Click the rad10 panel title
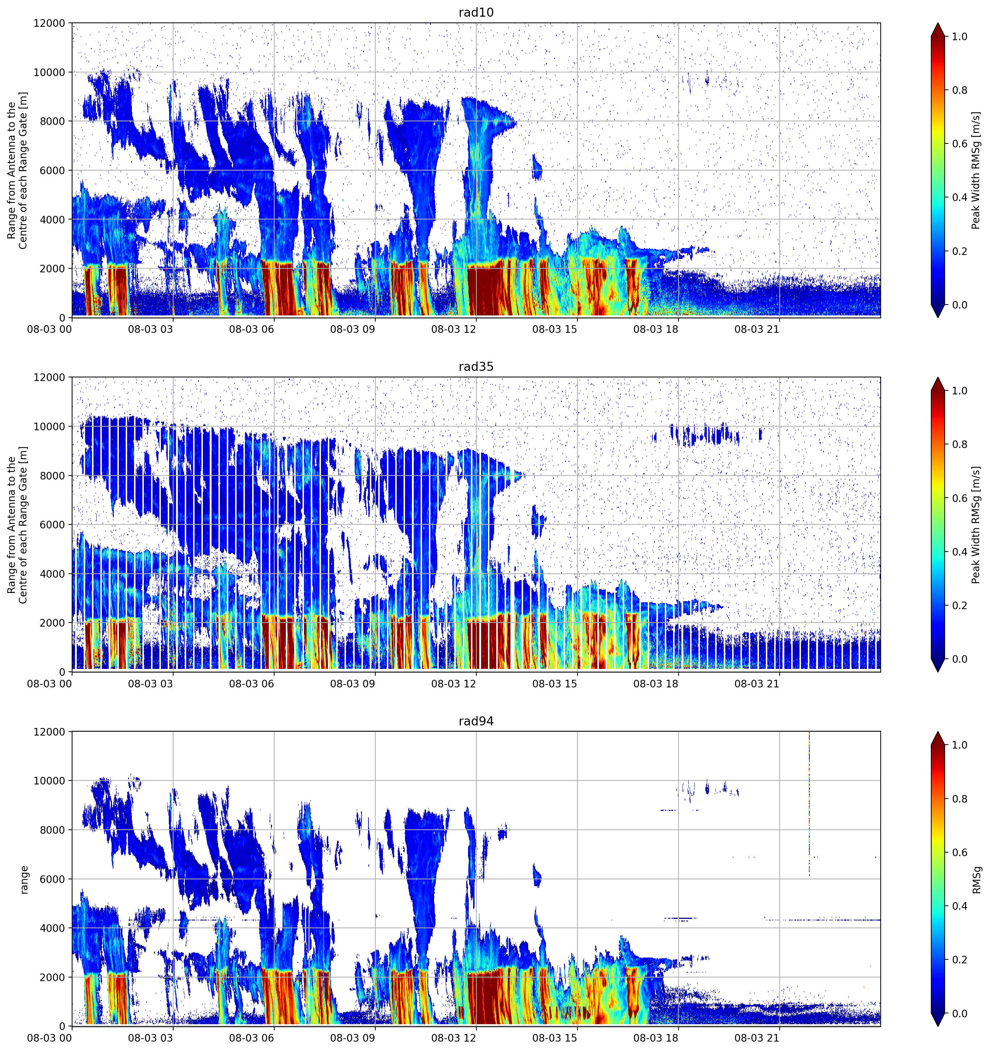coord(476,12)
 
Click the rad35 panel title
coord(476,367)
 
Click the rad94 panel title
coord(476,721)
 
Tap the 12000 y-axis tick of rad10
coord(49,23)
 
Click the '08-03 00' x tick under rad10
coord(49,329)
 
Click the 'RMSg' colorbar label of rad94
coord(976,880)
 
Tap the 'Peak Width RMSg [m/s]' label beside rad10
coord(976,170)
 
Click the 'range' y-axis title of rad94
coord(24,880)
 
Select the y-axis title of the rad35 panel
coord(17,524)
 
